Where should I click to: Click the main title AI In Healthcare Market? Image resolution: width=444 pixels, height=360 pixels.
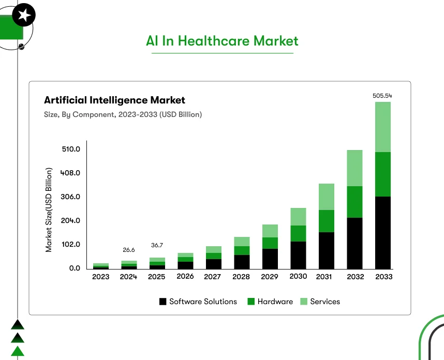[x=222, y=41]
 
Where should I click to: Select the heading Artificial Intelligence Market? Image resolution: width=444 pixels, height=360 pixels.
[x=114, y=100]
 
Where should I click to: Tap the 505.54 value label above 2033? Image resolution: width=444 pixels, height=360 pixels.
[x=382, y=96]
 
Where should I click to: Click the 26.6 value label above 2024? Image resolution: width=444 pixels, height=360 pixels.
[x=129, y=250]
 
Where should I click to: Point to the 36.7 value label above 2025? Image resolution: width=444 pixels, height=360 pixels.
[x=157, y=245]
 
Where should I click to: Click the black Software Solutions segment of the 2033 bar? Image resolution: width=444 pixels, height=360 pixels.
[x=382, y=232]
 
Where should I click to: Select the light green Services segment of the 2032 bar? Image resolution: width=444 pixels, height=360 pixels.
[x=354, y=168]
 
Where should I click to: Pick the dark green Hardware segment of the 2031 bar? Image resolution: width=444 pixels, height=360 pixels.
[x=327, y=221]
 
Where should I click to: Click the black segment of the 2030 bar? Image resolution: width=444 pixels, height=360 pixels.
[x=298, y=255]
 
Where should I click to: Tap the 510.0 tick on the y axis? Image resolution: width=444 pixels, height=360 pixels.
[x=71, y=149]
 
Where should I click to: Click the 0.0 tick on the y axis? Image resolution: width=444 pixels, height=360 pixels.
[x=75, y=268]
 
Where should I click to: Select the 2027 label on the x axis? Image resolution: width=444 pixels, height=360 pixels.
[x=213, y=277]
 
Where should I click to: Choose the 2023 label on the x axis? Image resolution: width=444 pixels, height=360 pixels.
[x=100, y=277]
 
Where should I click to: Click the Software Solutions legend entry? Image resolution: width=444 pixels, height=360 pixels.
[x=198, y=302]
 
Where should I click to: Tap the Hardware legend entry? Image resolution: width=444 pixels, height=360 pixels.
[x=270, y=302]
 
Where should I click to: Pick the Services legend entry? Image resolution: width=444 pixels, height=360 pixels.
[x=320, y=302]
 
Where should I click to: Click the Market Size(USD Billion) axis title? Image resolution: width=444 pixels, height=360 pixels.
[x=49, y=209]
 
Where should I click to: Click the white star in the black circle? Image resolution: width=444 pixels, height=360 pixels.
[x=23, y=17]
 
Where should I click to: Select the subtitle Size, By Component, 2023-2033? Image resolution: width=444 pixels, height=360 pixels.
[x=123, y=114]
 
